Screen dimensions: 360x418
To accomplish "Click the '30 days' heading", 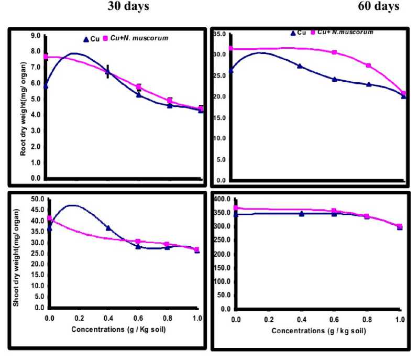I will click(x=128, y=6).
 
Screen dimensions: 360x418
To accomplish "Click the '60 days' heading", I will click(x=379, y=6).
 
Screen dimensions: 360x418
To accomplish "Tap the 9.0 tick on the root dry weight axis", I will click(x=36, y=36).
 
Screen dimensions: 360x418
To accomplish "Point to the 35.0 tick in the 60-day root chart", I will click(x=219, y=34).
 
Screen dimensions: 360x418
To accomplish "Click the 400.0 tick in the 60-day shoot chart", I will click(x=221, y=199).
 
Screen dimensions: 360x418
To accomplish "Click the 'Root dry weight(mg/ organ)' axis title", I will click(x=24, y=108).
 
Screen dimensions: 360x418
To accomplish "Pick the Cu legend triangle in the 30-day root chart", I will click(x=87, y=39).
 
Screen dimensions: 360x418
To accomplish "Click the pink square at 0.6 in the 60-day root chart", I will click(x=334, y=52).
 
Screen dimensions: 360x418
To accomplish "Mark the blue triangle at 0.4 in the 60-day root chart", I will click(x=300, y=66).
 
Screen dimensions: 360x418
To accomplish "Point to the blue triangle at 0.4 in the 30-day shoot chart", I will click(x=108, y=228).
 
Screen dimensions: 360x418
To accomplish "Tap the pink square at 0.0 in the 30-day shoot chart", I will click(x=50, y=218).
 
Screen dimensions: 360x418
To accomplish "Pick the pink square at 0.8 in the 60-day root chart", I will click(x=369, y=66).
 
